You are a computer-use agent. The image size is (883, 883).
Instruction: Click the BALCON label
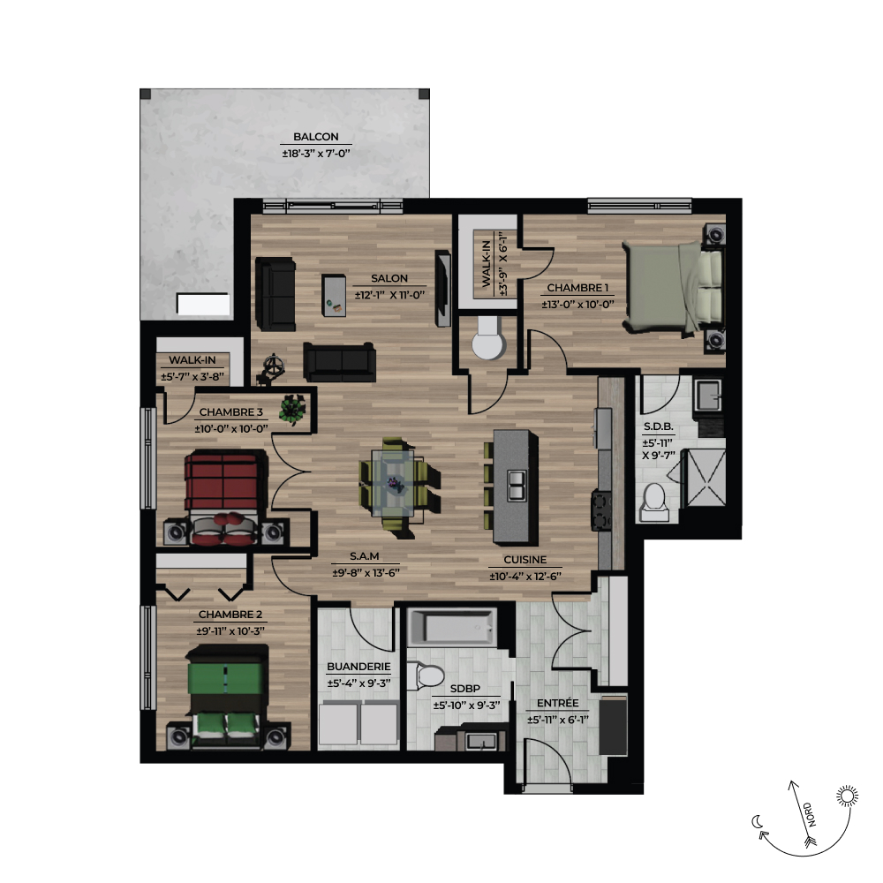click(316, 137)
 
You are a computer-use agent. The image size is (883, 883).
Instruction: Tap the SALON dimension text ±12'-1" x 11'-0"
click(389, 295)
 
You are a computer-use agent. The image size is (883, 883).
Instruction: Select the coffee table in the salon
click(334, 295)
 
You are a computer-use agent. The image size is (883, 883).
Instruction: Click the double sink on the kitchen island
click(517, 486)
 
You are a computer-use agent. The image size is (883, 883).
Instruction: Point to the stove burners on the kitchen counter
click(600, 510)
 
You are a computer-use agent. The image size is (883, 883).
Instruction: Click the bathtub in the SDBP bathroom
click(451, 627)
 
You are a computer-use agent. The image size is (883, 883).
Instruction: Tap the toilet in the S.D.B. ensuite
click(654, 502)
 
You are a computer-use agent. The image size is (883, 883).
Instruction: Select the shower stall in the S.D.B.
click(704, 478)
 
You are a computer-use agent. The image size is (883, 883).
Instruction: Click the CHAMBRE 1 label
click(577, 288)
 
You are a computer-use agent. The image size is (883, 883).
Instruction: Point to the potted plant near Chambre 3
click(292, 408)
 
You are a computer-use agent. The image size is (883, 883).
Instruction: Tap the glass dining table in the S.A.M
click(393, 483)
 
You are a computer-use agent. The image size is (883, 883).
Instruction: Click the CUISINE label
click(525, 560)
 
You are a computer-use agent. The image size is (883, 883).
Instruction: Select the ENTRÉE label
click(557, 704)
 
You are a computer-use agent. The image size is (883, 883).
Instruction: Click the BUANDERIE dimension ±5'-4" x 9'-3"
click(359, 683)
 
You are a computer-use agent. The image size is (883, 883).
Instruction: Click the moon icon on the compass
click(758, 822)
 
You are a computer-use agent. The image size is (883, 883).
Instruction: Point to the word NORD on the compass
click(810, 814)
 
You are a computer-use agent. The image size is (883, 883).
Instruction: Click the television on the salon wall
click(442, 289)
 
